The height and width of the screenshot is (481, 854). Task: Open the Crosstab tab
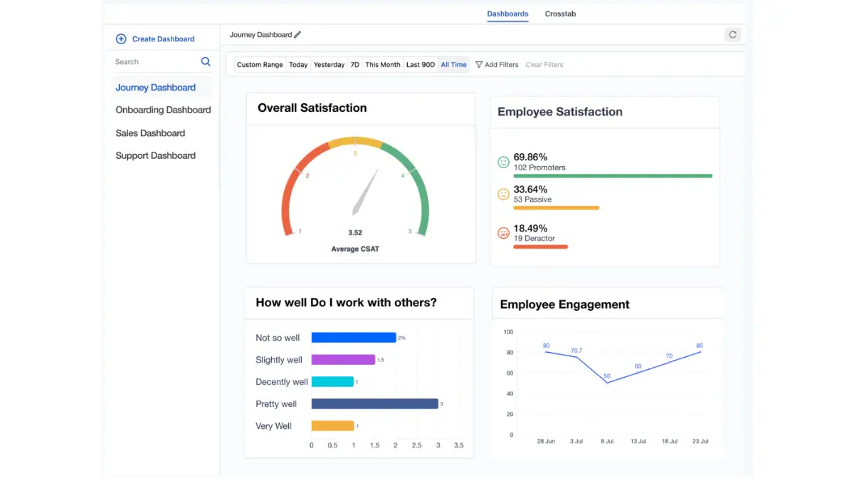click(x=560, y=14)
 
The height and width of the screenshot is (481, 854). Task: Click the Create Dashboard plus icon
click(x=121, y=39)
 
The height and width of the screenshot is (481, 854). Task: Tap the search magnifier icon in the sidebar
click(x=206, y=61)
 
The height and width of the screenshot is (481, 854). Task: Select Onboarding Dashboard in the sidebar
click(x=163, y=110)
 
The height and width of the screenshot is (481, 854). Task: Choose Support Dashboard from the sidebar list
click(x=156, y=156)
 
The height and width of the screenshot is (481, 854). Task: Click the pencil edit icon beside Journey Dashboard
click(x=297, y=35)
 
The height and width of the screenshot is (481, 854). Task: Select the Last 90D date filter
click(x=420, y=65)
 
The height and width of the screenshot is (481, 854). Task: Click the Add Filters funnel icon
click(x=479, y=65)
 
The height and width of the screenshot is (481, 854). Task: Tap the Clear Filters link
click(x=544, y=65)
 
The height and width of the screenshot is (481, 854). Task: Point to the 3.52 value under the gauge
click(x=355, y=232)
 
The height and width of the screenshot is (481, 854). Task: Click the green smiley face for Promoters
click(x=503, y=162)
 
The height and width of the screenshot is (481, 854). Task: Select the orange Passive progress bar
click(x=557, y=208)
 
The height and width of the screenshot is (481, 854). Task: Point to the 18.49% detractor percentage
click(x=530, y=228)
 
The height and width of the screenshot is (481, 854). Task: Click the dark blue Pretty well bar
click(x=375, y=404)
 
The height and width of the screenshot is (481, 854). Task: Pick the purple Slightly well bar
click(x=343, y=360)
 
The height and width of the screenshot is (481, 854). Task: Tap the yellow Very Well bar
click(x=333, y=425)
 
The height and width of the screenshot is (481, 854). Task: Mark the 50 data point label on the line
click(x=607, y=376)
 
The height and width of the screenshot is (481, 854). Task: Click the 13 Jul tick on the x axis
click(x=638, y=441)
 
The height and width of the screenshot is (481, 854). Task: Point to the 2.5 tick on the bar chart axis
click(x=417, y=445)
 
